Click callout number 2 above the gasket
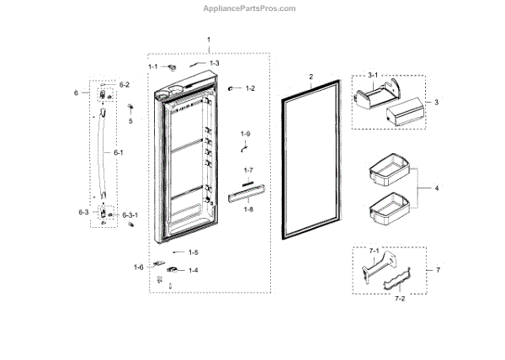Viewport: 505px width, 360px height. point(311,77)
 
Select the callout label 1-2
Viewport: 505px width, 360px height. point(250,88)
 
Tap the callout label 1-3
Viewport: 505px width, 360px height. point(214,63)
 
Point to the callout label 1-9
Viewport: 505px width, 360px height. point(245,135)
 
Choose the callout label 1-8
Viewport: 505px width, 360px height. point(247,209)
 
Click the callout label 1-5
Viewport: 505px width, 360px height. point(193,251)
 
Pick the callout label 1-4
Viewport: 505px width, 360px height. point(193,270)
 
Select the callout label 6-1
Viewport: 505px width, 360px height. point(118,152)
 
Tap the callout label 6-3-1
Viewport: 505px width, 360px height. point(130,215)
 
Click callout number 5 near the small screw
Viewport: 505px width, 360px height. point(130,120)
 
